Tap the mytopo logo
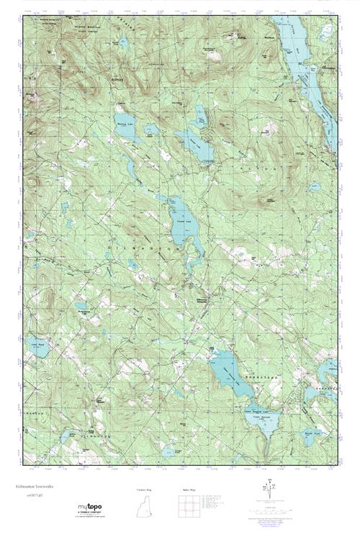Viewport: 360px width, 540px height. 94,508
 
